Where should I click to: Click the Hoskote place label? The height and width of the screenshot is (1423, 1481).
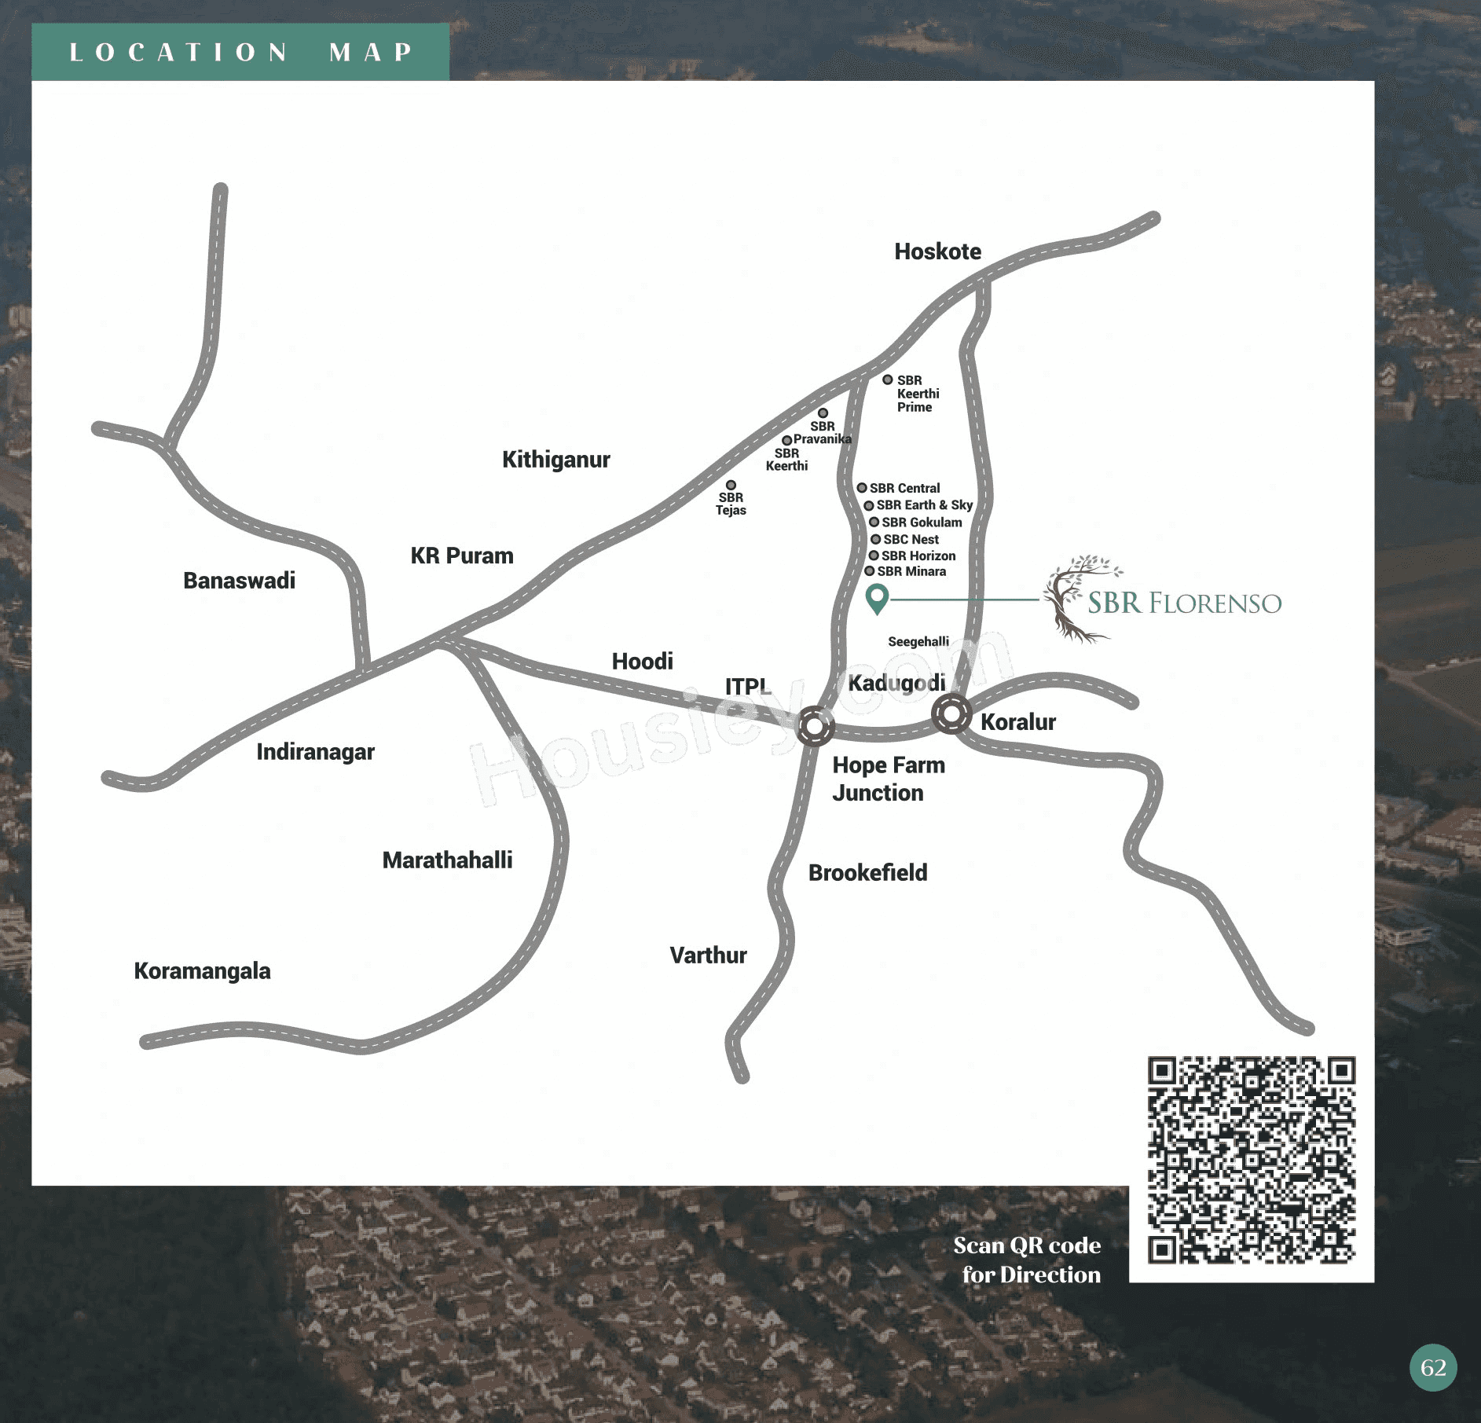pyautogui.click(x=937, y=251)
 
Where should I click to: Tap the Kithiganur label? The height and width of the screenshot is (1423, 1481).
pyautogui.click(x=555, y=460)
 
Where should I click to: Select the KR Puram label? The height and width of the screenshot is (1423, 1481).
pyautogui.click(x=461, y=556)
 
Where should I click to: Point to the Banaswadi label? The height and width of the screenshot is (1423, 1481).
pyautogui.click(x=239, y=581)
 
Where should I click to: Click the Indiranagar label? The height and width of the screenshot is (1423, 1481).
pyautogui.click(x=315, y=752)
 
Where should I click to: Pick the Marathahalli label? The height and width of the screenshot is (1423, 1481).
pyautogui.click(x=447, y=860)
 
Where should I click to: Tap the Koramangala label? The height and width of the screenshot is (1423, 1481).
pyautogui.click(x=202, y=971)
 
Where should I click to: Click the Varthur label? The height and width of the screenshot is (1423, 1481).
pyautogui.click(x=708, y=955)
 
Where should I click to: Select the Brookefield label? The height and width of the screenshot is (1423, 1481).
pyautogui.click(x=867, y=873)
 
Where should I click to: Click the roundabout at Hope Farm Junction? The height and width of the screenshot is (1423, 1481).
pyautogui.click(x=815, y=726)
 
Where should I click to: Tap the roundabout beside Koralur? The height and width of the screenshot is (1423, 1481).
pyautogui.click(x=951, y=714)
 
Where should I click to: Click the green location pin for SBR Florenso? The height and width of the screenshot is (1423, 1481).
pyautogui.click(x=877, y=598)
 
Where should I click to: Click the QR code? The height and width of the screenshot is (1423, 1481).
pyautogui.click(x=1251, y=1160)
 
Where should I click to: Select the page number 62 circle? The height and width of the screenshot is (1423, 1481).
pyautogui.click(x=1433, y=1368)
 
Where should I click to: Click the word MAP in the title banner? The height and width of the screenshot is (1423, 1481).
pyautogui.click(x=371, y=52)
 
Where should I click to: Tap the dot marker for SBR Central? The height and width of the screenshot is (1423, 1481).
pyautogui.click(x=862, y=488)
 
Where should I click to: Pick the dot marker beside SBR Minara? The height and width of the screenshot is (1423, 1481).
pyautogui.click(x=870, y=571)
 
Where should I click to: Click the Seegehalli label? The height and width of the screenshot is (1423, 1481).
pyautogui.click(x=918, y=642)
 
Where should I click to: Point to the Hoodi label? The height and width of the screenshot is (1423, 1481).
pyautogui.click(x=642, y=662)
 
